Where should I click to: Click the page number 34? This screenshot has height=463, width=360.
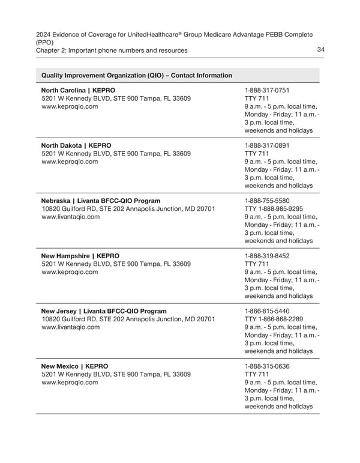coord(320,50)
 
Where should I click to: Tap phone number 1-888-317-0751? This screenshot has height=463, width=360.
coord(267,89)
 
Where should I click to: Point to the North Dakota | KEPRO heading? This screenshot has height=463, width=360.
coord(76,145)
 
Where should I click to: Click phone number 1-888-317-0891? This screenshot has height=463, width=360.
coord(267,145)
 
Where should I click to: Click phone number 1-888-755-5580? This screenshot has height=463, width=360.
coord(267,200)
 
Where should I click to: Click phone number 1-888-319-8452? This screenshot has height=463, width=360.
coord(267,255)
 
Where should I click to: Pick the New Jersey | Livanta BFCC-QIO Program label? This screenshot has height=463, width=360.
coord(103,311)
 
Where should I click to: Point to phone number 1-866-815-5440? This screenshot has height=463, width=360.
coord(267,311)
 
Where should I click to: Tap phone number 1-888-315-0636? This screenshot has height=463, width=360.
coord(267,366)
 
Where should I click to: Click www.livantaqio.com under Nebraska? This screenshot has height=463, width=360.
coord(71,217)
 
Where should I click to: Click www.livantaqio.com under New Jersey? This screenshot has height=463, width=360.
coord(71,328)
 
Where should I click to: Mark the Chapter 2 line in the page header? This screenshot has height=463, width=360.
coord(111,50)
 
